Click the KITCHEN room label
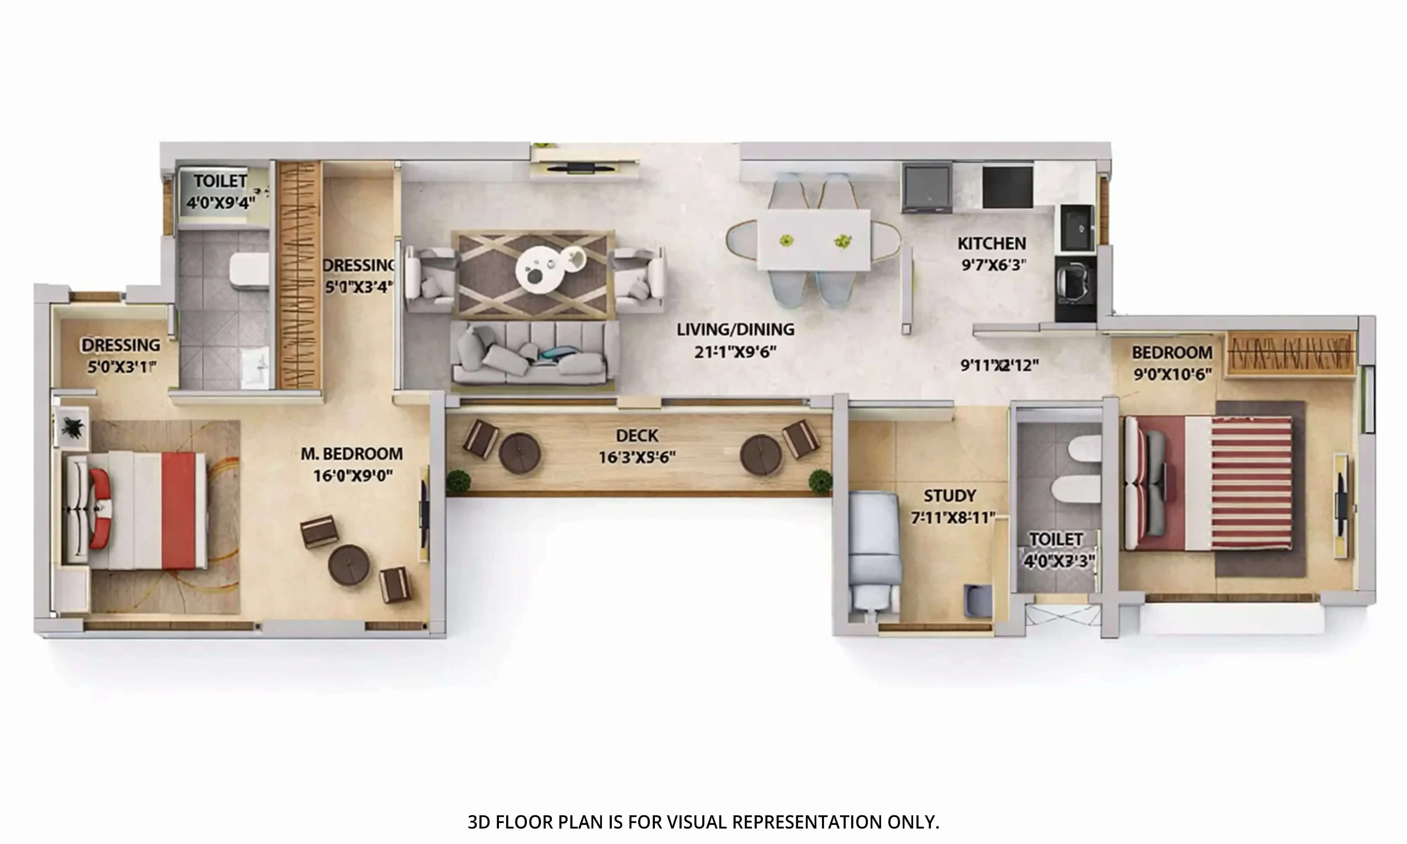pos(991,243)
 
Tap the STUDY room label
pos(949,496)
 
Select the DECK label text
pos(637,436)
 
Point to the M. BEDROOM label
pos(351,454)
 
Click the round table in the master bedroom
pos(349,565)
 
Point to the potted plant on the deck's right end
pos(819,481)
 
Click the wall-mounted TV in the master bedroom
pos(424,515)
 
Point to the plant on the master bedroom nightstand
pos(72,425)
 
